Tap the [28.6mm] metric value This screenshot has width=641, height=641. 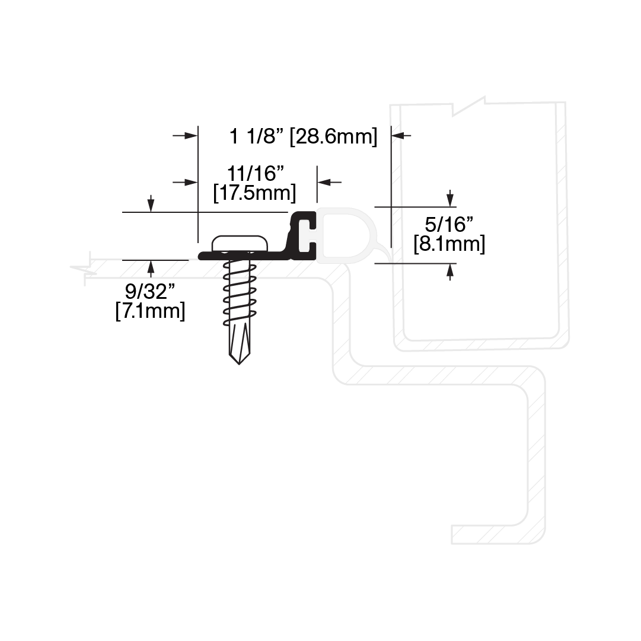[x=333, y=136]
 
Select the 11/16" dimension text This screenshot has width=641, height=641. [x=256, y=173]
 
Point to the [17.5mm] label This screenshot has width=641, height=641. [x=254, y=193]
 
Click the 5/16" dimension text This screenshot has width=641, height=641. [x=449, y=224]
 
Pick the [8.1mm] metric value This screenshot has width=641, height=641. [x=449, y=244]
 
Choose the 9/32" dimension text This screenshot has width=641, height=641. [x=150, y=292]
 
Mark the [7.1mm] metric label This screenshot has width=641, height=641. [x=150, y=311]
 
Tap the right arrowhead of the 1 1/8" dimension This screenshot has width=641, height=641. [x=398, y=135]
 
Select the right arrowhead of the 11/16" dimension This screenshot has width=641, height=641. [x=324, y=182]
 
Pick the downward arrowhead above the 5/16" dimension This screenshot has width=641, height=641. [x=450, y=200]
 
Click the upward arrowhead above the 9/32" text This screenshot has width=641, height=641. [x=151, y=267]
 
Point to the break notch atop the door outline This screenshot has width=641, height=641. [x=469, y=106]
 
